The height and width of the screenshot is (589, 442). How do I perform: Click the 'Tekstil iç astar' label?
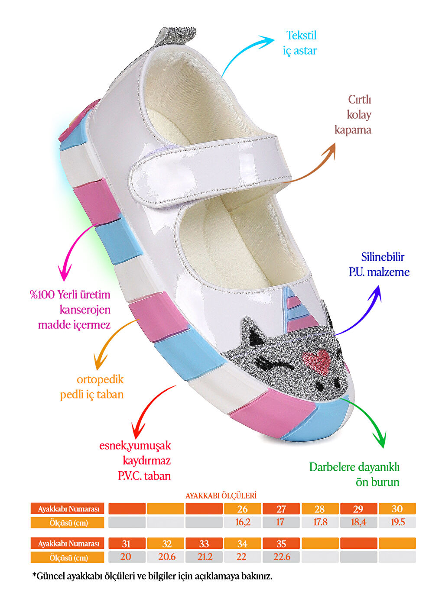[x=300, y=43]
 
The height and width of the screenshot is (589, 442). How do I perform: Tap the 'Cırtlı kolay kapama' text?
[x=353, y=115]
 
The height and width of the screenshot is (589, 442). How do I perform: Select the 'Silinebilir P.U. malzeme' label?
[x=379, y=264]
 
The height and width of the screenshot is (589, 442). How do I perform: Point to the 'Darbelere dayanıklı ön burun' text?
[x=354, y=474]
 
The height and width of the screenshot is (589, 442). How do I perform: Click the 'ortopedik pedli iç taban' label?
[x=92, y=387]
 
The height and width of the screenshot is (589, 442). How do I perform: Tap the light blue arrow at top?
[x=247, y=54]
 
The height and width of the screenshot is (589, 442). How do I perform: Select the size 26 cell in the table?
[x=243, y=509]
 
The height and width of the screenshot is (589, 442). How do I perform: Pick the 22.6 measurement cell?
[x=281, y=557]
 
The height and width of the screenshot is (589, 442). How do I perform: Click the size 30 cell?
[x=397, y=509]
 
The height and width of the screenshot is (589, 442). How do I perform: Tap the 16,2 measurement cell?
[x=243, y=522]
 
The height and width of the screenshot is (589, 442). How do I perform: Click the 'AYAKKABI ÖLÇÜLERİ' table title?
[x=221, y=495]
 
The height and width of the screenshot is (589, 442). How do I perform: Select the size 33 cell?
[x=204, y=544]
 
